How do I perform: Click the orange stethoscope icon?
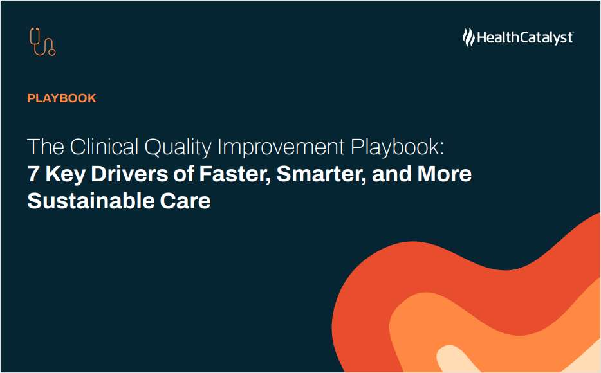[x=42, y=41]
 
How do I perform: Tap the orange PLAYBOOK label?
[x=62, y=98]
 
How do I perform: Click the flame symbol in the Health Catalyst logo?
[x=468, y=37]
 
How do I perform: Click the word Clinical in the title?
[x=104, y=147]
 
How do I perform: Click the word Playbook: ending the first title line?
[x=398, y=147]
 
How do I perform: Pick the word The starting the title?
[x=45, y=147]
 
